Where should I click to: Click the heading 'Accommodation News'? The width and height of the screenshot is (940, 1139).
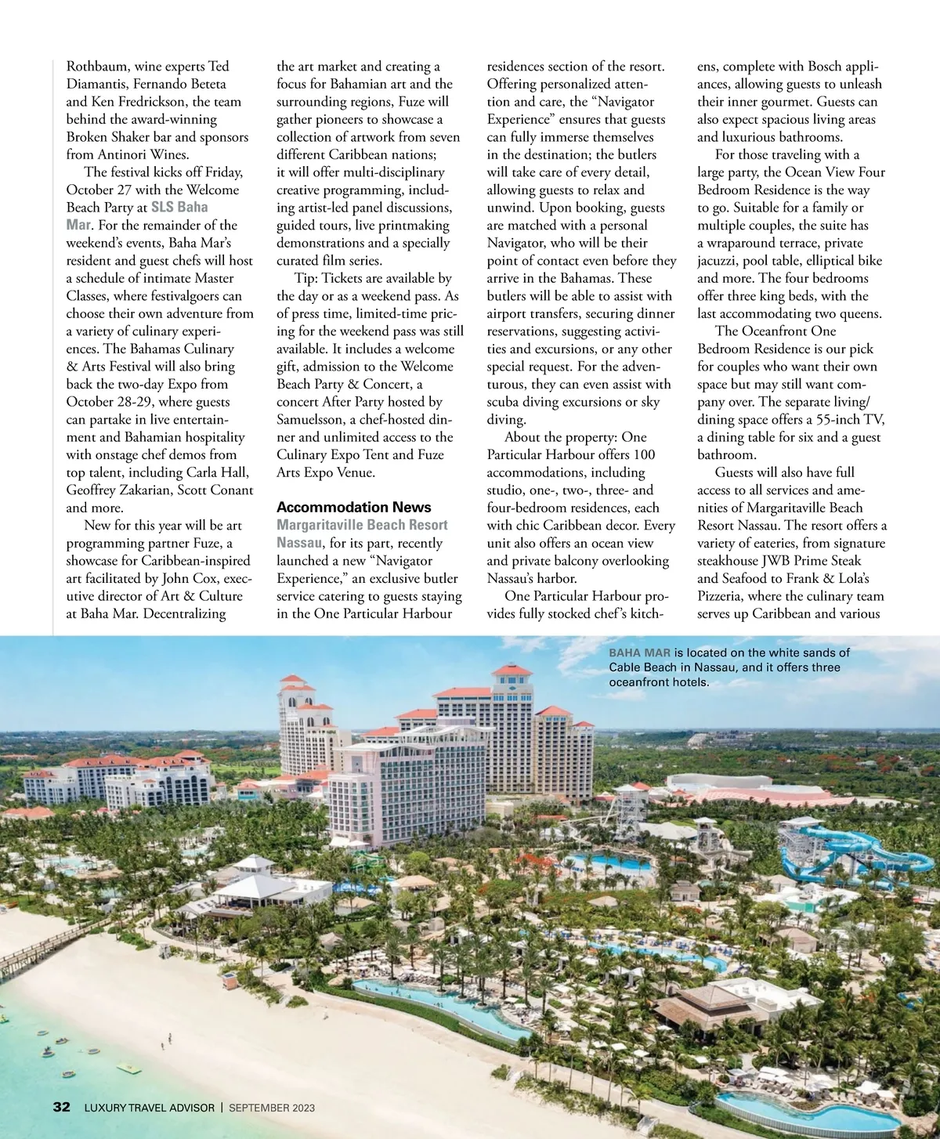point(353,507)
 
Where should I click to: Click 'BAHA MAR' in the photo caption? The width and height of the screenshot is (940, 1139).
point(639,653)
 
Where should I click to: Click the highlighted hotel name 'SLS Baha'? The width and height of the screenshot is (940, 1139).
point(179,207)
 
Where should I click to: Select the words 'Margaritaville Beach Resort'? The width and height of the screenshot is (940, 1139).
point(362,525)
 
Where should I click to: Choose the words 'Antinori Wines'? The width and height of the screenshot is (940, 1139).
point(144,154)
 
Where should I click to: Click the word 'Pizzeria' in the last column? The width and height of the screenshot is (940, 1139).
point(725,595)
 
